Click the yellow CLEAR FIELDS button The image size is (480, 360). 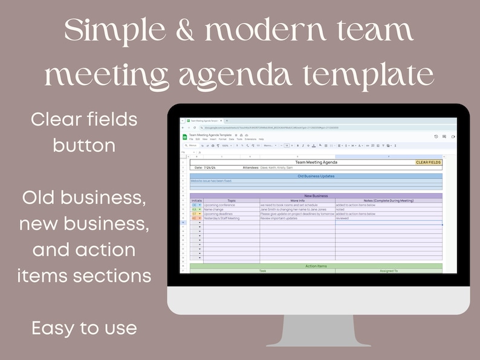coord(428,162)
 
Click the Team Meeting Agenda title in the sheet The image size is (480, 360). coord(316,162)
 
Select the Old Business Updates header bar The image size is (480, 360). coord(316,176)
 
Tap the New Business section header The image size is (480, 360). coord(316,196)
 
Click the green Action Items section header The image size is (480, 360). coord(316,266)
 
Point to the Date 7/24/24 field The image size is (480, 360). coord(206,167)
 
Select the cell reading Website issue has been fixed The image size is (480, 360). coord(211,181)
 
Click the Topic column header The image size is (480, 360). coord(231,201)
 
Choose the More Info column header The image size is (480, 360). coord(297,201)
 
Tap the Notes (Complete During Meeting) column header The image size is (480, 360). coord(388,201)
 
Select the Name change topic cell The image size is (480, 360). coord(214,210)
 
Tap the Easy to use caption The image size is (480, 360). coord(84,329)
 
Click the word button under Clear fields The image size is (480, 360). coord(84,145)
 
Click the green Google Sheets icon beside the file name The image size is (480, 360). coord(185,137)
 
